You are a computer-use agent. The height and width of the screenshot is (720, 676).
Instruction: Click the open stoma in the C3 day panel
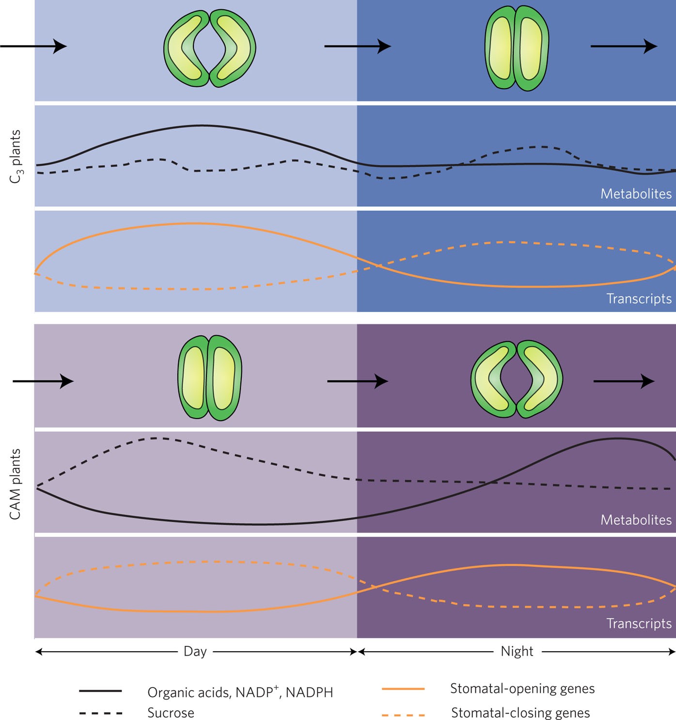(x=209, y=48)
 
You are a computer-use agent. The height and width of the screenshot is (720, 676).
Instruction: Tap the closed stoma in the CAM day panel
(x=209, y=378)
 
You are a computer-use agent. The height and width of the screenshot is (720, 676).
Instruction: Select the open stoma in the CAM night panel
(x=517, y=379)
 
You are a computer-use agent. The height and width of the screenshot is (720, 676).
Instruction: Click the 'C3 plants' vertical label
(x=16, y=156)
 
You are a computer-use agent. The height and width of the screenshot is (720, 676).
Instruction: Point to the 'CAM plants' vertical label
(x=16, y=484)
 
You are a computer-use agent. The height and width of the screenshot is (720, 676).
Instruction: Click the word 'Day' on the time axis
(x=195, y=652)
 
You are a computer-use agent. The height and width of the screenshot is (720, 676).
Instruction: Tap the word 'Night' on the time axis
(x=517, y=652)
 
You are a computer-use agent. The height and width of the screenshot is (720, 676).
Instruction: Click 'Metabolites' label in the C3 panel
(x=636, y=194)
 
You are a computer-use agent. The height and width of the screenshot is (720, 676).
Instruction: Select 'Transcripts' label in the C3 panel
(x=639, y=298)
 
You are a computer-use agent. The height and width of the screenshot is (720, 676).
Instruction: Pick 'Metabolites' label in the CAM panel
(x=636, y=520)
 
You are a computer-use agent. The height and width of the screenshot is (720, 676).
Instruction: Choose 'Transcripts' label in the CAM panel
(x=639, y=624)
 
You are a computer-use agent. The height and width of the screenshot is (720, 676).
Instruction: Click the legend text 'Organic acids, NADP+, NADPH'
(x=240, y=692)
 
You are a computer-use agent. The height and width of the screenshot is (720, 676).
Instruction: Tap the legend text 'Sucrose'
(x=171, y=713)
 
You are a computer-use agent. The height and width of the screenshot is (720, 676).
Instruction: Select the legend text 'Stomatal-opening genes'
(x=522, y=689)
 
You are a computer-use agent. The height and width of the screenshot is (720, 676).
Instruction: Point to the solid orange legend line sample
(x=403, y=689)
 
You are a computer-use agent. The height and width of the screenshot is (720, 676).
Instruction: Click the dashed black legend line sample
(x=100, y=713)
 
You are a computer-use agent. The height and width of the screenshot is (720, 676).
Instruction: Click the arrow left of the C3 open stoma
(x=34, y=47)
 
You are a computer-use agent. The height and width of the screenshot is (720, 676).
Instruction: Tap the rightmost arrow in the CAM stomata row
(x=624, y=381)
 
